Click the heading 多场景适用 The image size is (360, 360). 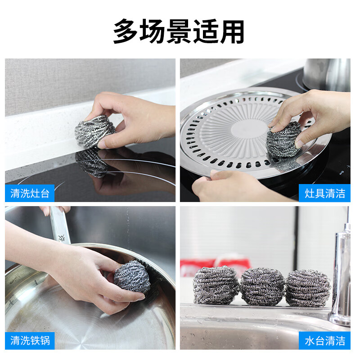[179, 31]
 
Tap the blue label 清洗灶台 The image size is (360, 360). [30, 193]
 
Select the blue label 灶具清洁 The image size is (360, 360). [324, 193]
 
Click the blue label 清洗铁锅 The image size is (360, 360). [30, 340]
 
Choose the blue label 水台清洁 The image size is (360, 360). [324, 340]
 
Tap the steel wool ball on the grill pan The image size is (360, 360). [283, 139]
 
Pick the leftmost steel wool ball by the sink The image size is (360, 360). [216, 285]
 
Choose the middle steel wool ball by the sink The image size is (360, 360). [262, 287]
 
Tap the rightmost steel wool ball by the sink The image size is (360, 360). [308, 288]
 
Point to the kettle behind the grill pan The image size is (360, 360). [326, 74]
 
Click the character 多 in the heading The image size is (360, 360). [126, 31]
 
